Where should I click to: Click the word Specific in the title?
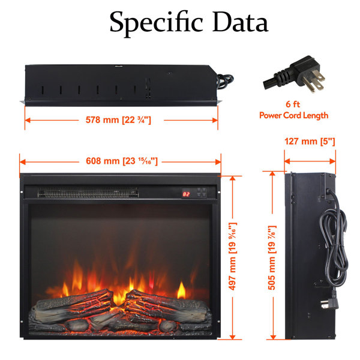[x=156, y=23]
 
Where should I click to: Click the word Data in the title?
[x=240, y=22]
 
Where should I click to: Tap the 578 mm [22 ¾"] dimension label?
[x=118, y=120]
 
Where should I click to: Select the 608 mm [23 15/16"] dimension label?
[x=122, y=161]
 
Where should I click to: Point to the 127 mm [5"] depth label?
[x=310, y=141]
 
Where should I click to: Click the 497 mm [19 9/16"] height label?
[x=233, y=256]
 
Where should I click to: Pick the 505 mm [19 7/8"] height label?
[x=272, y=257]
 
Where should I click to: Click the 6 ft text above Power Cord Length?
[x=293, y=104]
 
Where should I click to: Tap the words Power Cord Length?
[x=293, y=115]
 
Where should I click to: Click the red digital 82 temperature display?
[x=186, y=194]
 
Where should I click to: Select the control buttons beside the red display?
[x=202, y=193]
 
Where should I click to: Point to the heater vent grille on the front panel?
[x=88, y=193]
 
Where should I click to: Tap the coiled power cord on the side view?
[x=334, y=239]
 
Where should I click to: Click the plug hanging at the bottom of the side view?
[x=330, y=302]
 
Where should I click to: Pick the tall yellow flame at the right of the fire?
[x=181, y=290]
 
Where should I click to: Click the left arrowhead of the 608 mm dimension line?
[x=23, y=162]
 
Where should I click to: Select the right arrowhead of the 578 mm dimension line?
[x=215, y=121]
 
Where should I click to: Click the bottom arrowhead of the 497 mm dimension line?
[x=233, y=337]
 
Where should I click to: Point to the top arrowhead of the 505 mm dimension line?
[x=272, y=174]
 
